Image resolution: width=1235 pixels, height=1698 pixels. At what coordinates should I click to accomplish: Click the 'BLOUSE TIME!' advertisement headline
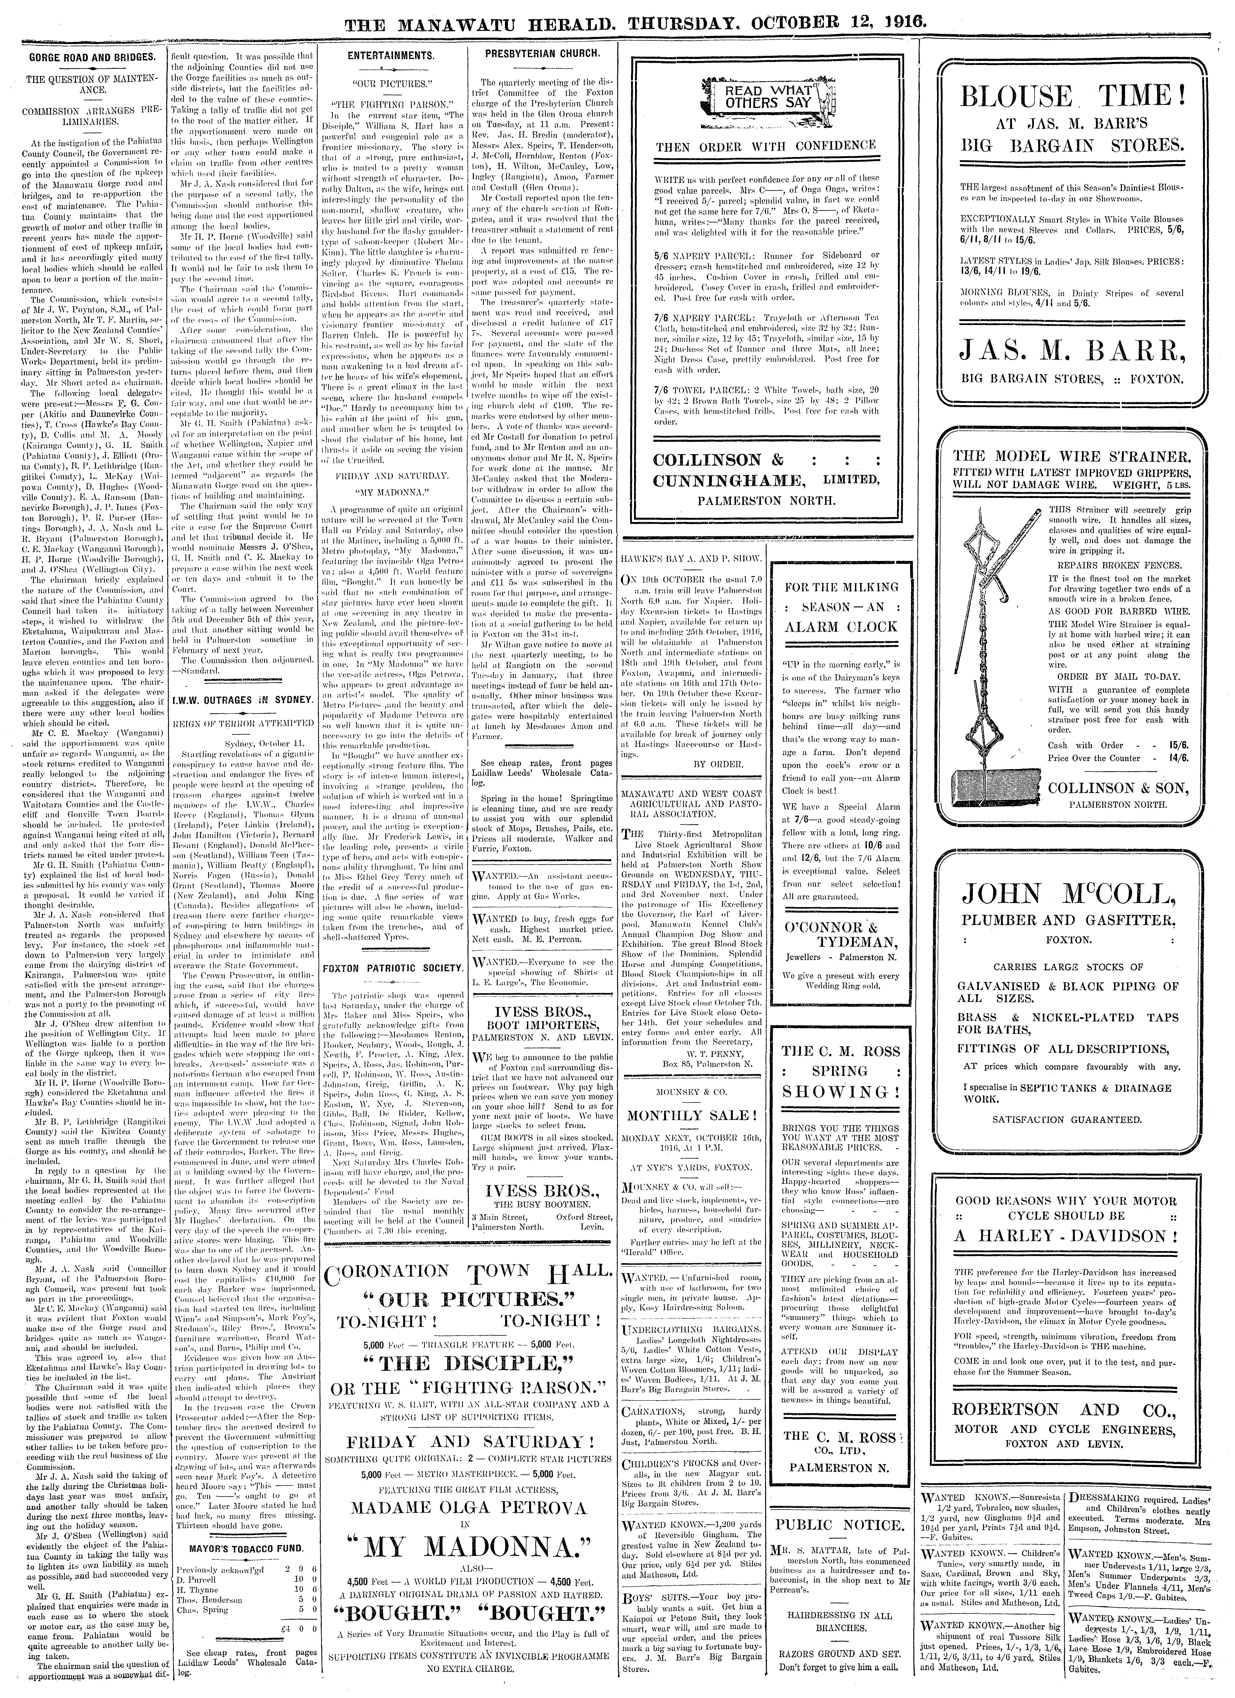pyautogui.click(x=1073, y=97)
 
